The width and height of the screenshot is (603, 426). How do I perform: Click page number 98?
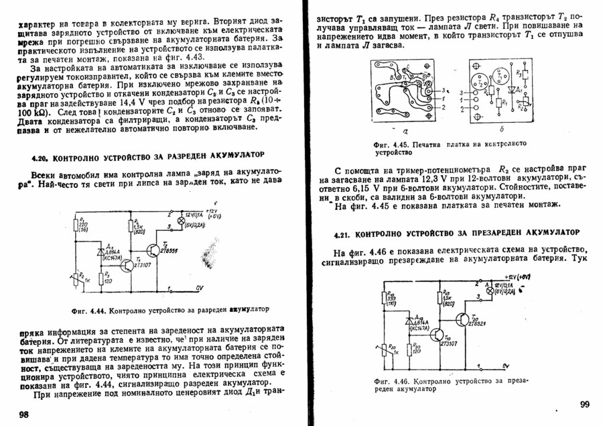[x=23, y=415]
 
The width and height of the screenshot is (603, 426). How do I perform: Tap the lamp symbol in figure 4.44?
[x=180, y=221]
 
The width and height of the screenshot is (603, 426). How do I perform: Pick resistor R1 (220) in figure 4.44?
[x=74, y=226]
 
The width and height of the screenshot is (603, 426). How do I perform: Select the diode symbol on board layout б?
[x=511, y=90]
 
